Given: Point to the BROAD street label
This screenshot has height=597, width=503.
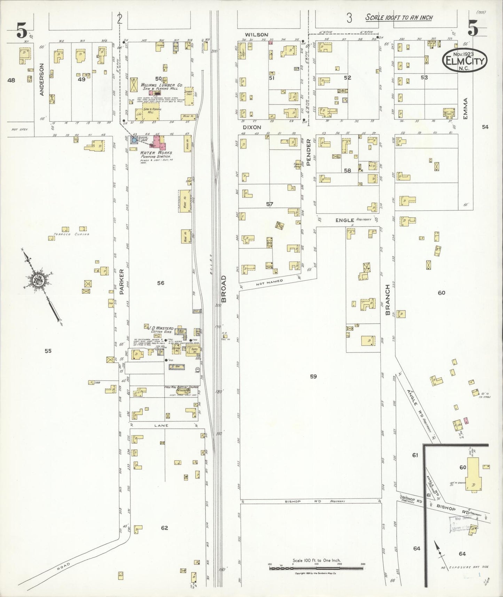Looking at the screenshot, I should pos(223,289).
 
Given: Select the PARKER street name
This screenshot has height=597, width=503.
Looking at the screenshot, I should pos(121,282).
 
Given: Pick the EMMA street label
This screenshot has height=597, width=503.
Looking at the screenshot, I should pos(466,108).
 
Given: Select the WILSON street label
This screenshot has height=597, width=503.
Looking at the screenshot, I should pos(256,34).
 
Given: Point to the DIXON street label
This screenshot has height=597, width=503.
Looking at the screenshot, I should pos(252,127).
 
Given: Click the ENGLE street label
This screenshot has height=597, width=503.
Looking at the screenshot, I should pos(345,220).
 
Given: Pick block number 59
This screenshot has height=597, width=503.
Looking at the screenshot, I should pos(313,376).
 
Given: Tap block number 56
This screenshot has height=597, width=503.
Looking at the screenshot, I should pos(160,283).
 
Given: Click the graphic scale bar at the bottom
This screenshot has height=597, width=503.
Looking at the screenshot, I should pos(316,569).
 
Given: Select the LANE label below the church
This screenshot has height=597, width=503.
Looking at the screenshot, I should pos(163,425).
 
